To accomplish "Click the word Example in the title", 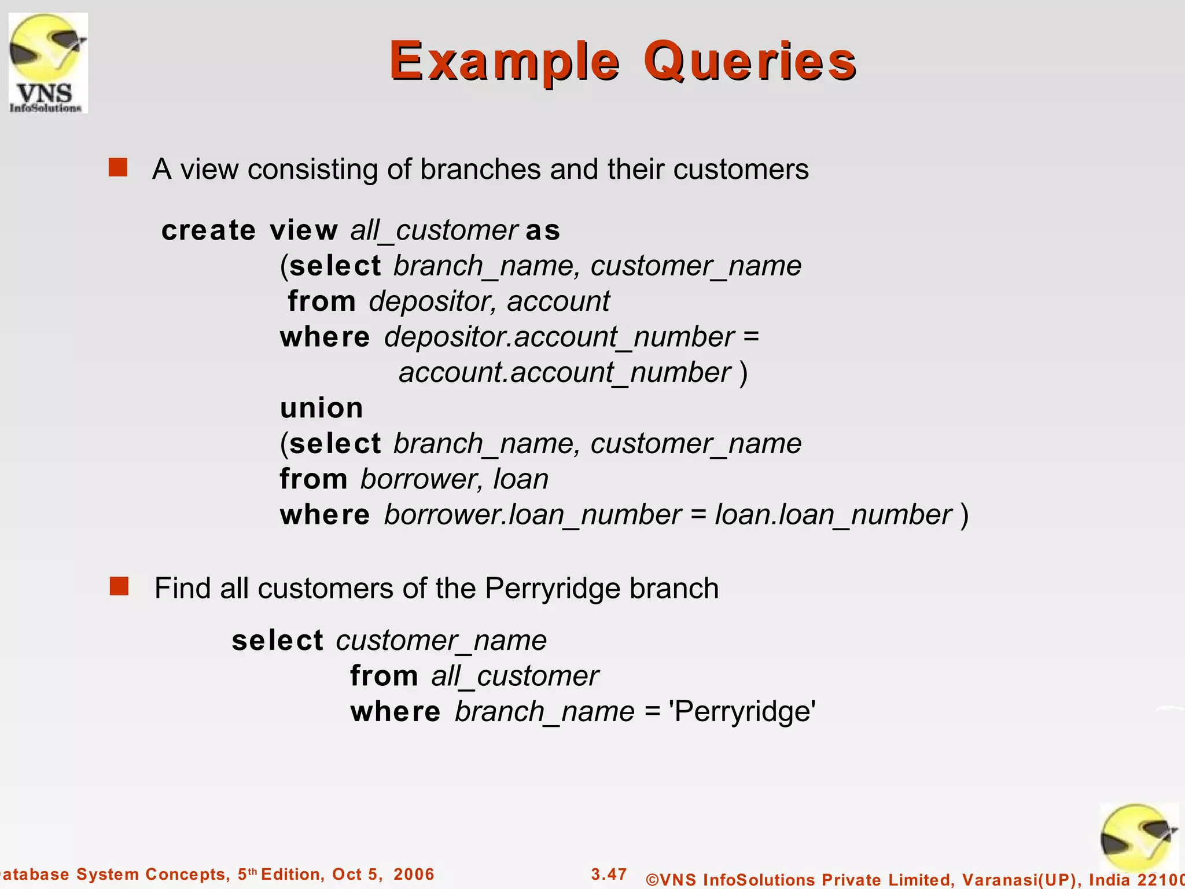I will [x=505, y=61].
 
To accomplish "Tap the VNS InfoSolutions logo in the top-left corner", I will [x=48, y=63].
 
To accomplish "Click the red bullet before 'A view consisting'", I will [x=118, y=168].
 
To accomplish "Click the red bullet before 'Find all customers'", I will [x=119, y=586].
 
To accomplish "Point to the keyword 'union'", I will [x=322, y=408].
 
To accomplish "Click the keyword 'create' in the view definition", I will [x=208, y=230].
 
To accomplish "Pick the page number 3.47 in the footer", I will [x=609, y=874].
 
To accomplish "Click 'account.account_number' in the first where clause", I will [x=565, y=373].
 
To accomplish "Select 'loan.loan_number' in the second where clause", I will [x=833, y=515].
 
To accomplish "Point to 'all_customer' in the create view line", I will [x=433, y=230].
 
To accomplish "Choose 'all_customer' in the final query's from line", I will [x=514, y=676].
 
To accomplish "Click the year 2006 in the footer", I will [x=414, y=874].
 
